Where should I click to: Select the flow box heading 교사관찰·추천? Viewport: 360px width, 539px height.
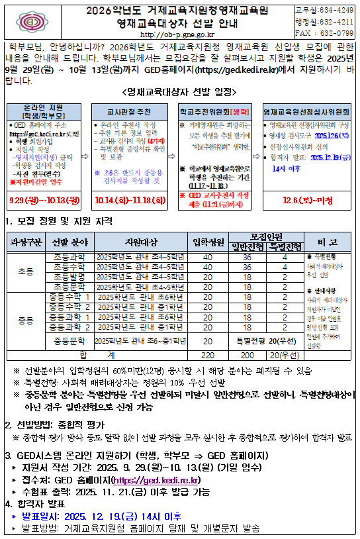pos(125,113)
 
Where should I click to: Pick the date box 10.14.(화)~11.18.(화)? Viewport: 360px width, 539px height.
pos(126,199)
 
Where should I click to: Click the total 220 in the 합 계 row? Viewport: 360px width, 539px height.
pos(207,355)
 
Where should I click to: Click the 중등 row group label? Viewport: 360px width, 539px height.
pos(26,320)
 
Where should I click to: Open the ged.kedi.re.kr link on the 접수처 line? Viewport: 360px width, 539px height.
pos(157,479)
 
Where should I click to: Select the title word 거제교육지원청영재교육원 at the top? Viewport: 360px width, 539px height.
pos(209,11)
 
